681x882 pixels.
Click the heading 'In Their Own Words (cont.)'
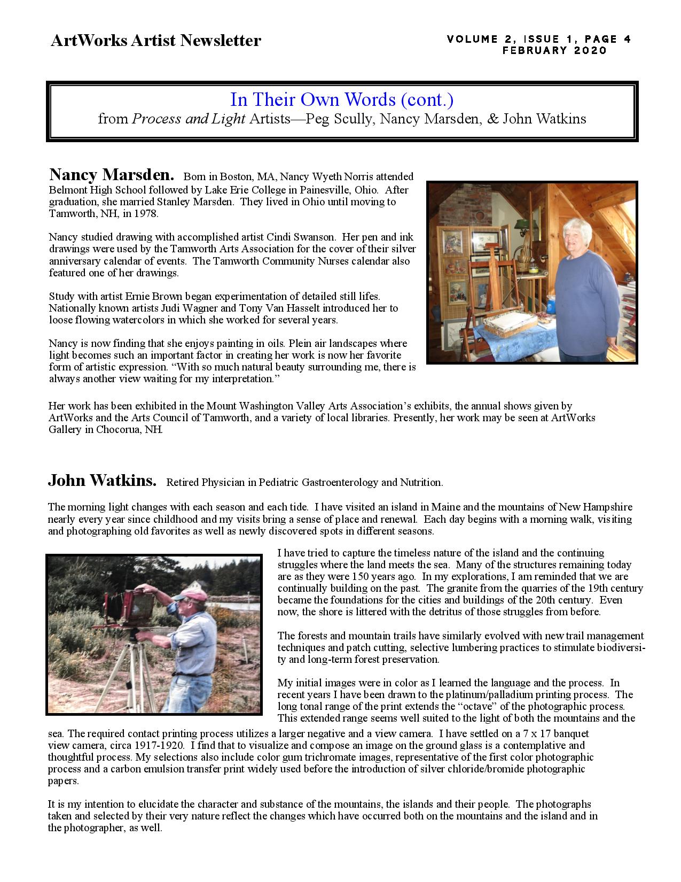[x=342, y=99]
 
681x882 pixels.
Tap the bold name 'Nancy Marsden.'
[x=111, y=175]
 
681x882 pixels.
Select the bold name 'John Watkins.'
[x=102, y=481]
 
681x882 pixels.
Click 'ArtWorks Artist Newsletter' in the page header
[x=155, y=41]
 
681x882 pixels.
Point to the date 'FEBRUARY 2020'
[x=555, y=51]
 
